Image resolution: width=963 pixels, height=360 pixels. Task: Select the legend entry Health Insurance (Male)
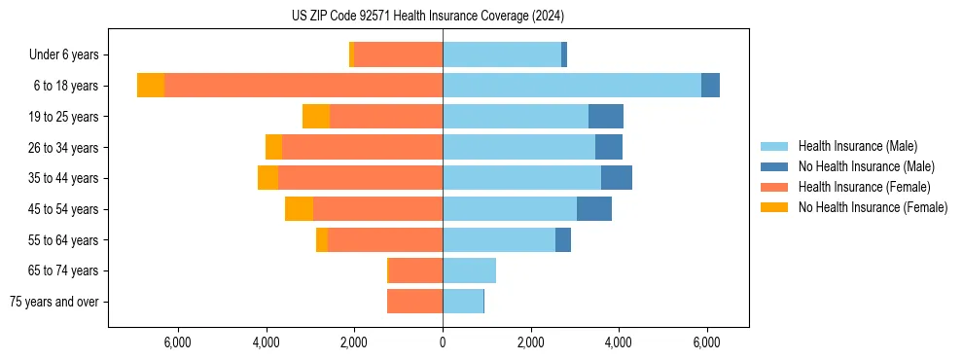coord(857,146)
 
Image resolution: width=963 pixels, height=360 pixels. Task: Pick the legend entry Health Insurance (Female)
coord(865,187)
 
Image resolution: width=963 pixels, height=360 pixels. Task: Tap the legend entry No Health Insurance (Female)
coord(873,207)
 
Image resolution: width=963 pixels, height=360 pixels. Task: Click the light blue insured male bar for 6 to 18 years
coord(572,86)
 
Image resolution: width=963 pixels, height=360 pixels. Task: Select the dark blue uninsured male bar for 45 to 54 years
coord(594,209)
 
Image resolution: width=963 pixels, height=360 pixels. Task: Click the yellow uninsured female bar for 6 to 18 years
coord(151,86)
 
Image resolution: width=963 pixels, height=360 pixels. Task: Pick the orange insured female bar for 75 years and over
coord(414,302)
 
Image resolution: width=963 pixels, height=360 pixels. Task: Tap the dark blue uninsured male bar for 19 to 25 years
coord(606,117)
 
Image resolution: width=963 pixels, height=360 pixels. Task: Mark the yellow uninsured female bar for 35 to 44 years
coord(267,178)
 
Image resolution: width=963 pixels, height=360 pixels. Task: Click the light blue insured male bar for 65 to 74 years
coord(469,270)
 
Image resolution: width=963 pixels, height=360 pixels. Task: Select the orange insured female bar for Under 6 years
coord(399,55)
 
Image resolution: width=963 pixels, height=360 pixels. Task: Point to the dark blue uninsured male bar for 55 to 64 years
coord(563,240)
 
